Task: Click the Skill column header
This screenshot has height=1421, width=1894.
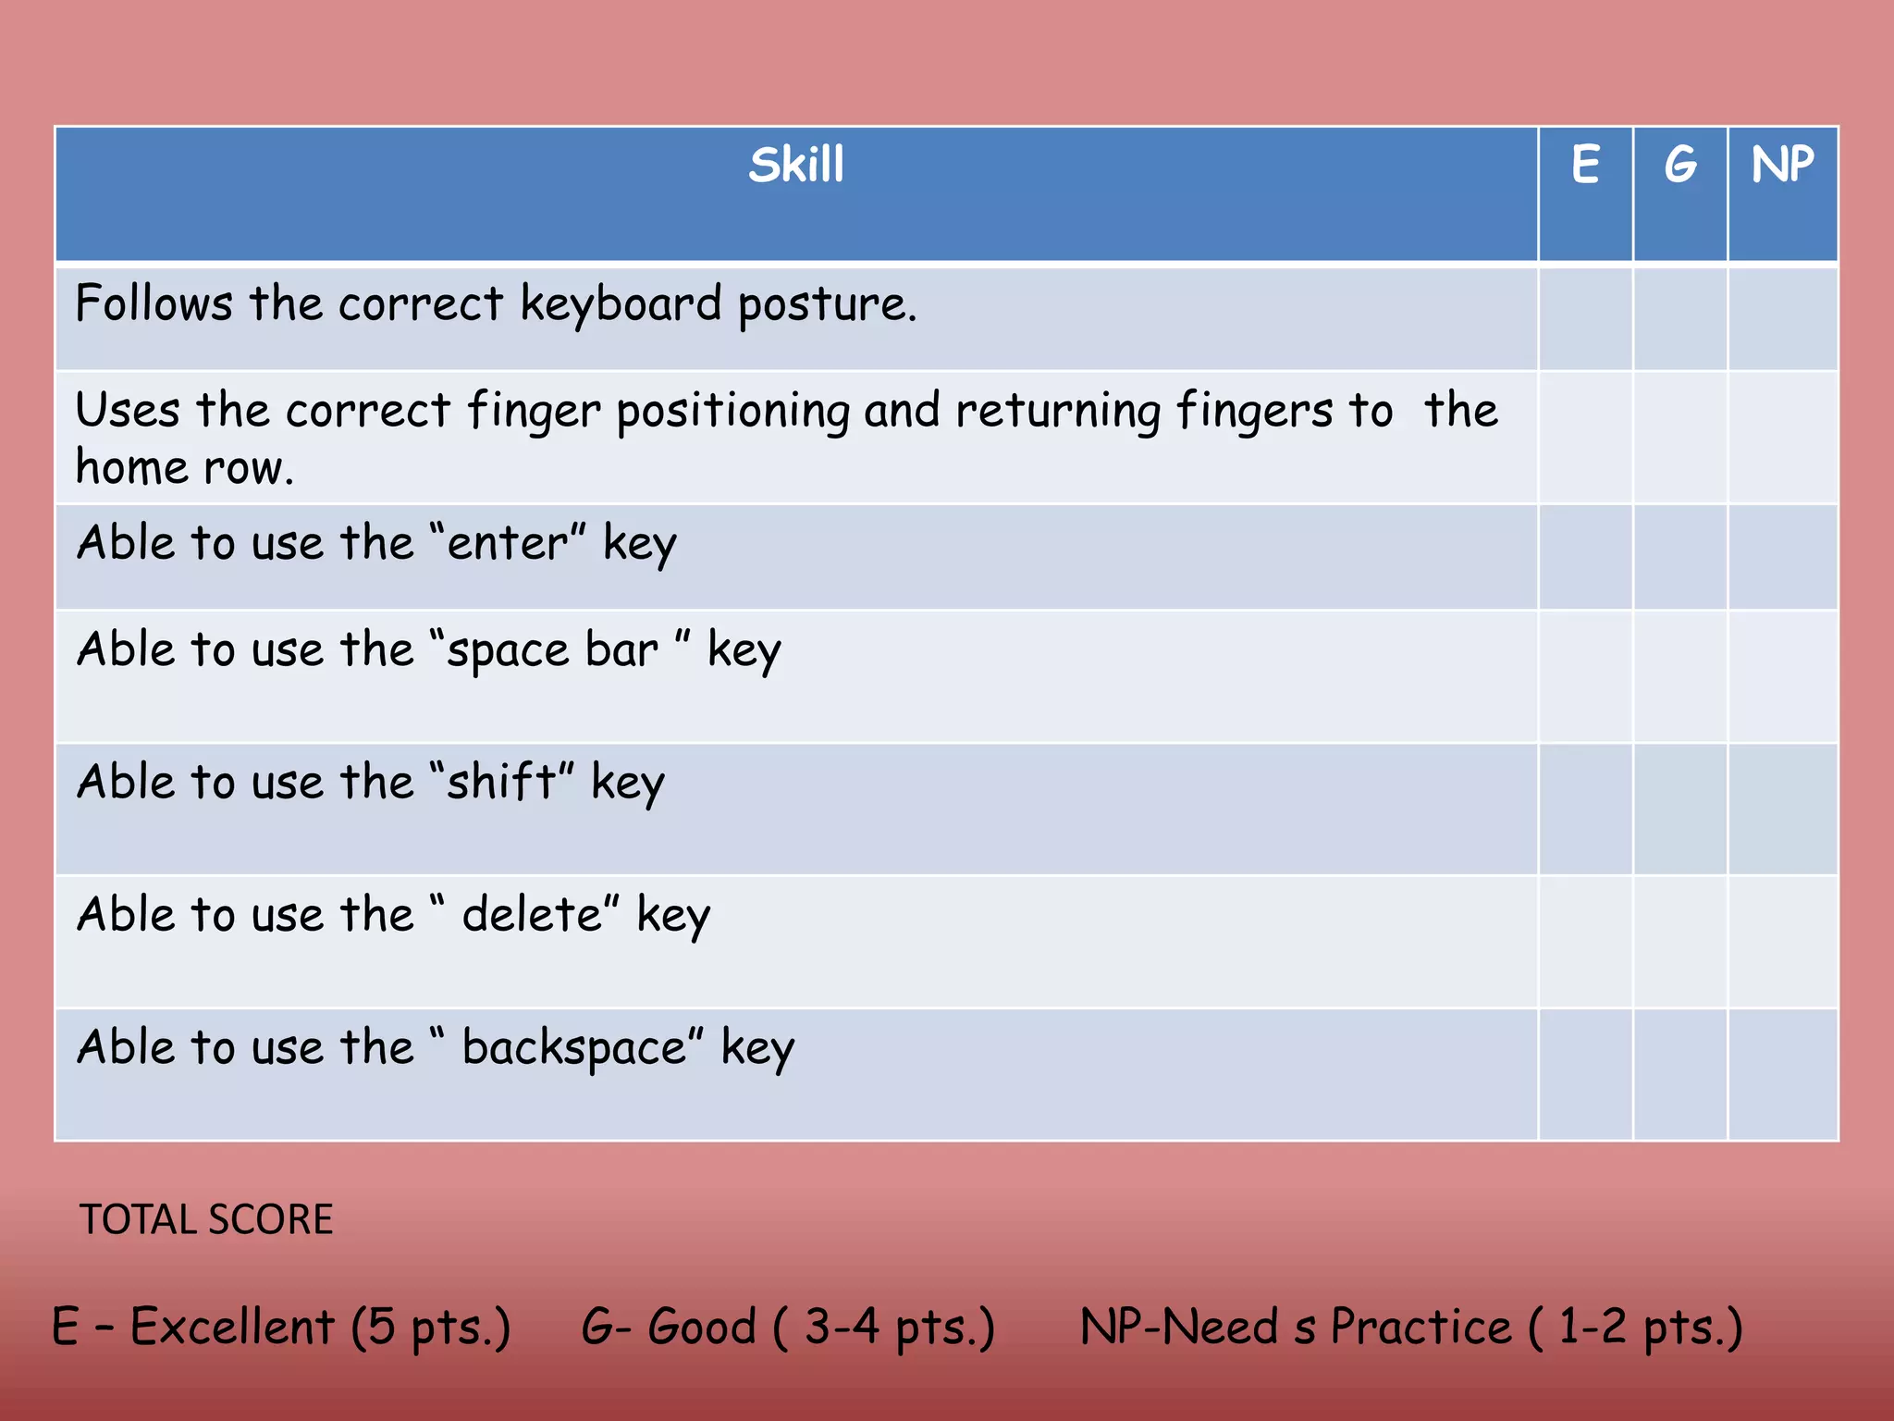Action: tap(796, 166)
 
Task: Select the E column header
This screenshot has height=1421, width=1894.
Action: tap(1585, 166)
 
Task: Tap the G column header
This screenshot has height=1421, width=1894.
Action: tap(1679, 166)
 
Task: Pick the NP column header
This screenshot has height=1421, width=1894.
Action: tap(1782, 166)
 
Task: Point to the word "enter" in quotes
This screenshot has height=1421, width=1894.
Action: tap(509, 543)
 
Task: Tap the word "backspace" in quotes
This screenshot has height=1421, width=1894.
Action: tap(574, 1048)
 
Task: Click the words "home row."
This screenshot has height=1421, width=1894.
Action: tap(185, 468)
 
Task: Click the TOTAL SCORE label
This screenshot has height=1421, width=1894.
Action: tap(206, 1219)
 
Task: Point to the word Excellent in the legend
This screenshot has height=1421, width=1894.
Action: tap(232, 1327)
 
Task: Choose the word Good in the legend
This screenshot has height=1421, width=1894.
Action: tap(702, 1327)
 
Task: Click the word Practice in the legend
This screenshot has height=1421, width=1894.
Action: tap(1420, 1327)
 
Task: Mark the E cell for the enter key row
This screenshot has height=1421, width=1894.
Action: tap(1585, 557)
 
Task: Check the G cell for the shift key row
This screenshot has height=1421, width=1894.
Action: tap(1679, 809)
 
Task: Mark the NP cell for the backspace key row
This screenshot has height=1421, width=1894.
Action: tap(1782, 1075)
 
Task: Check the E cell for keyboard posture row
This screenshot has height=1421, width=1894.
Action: tap(1585, 317)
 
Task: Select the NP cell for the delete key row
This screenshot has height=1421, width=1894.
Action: tap(1782, 942)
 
